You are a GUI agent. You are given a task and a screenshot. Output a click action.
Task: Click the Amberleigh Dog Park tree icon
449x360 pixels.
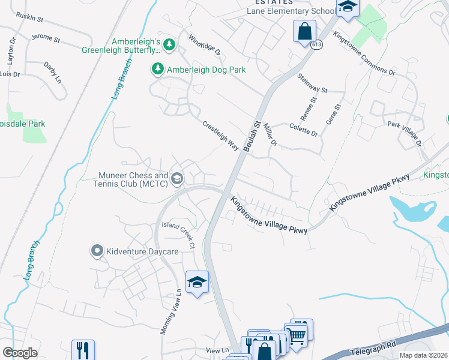tap(158, 70)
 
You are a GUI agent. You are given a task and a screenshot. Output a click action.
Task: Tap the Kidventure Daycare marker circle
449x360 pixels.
tap(97, 251)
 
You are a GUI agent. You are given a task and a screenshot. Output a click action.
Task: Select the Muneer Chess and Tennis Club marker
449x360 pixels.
tap(177, 178)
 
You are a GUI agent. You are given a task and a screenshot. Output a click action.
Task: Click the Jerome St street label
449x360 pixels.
tap(47, 40)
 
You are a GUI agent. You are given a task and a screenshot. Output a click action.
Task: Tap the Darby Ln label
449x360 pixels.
tap(52, 71)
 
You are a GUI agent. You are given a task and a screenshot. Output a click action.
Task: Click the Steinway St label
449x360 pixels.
tap(312, 84)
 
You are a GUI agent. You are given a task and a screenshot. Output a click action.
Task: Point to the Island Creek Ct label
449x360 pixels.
tap(179, 235)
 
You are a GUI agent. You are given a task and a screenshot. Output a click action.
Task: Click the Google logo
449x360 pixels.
tap(20, 353)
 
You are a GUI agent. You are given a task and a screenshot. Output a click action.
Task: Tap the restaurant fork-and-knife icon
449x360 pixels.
tap(82, 350)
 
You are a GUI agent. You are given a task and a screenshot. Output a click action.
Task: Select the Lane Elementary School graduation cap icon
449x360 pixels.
tap(347, 7)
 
